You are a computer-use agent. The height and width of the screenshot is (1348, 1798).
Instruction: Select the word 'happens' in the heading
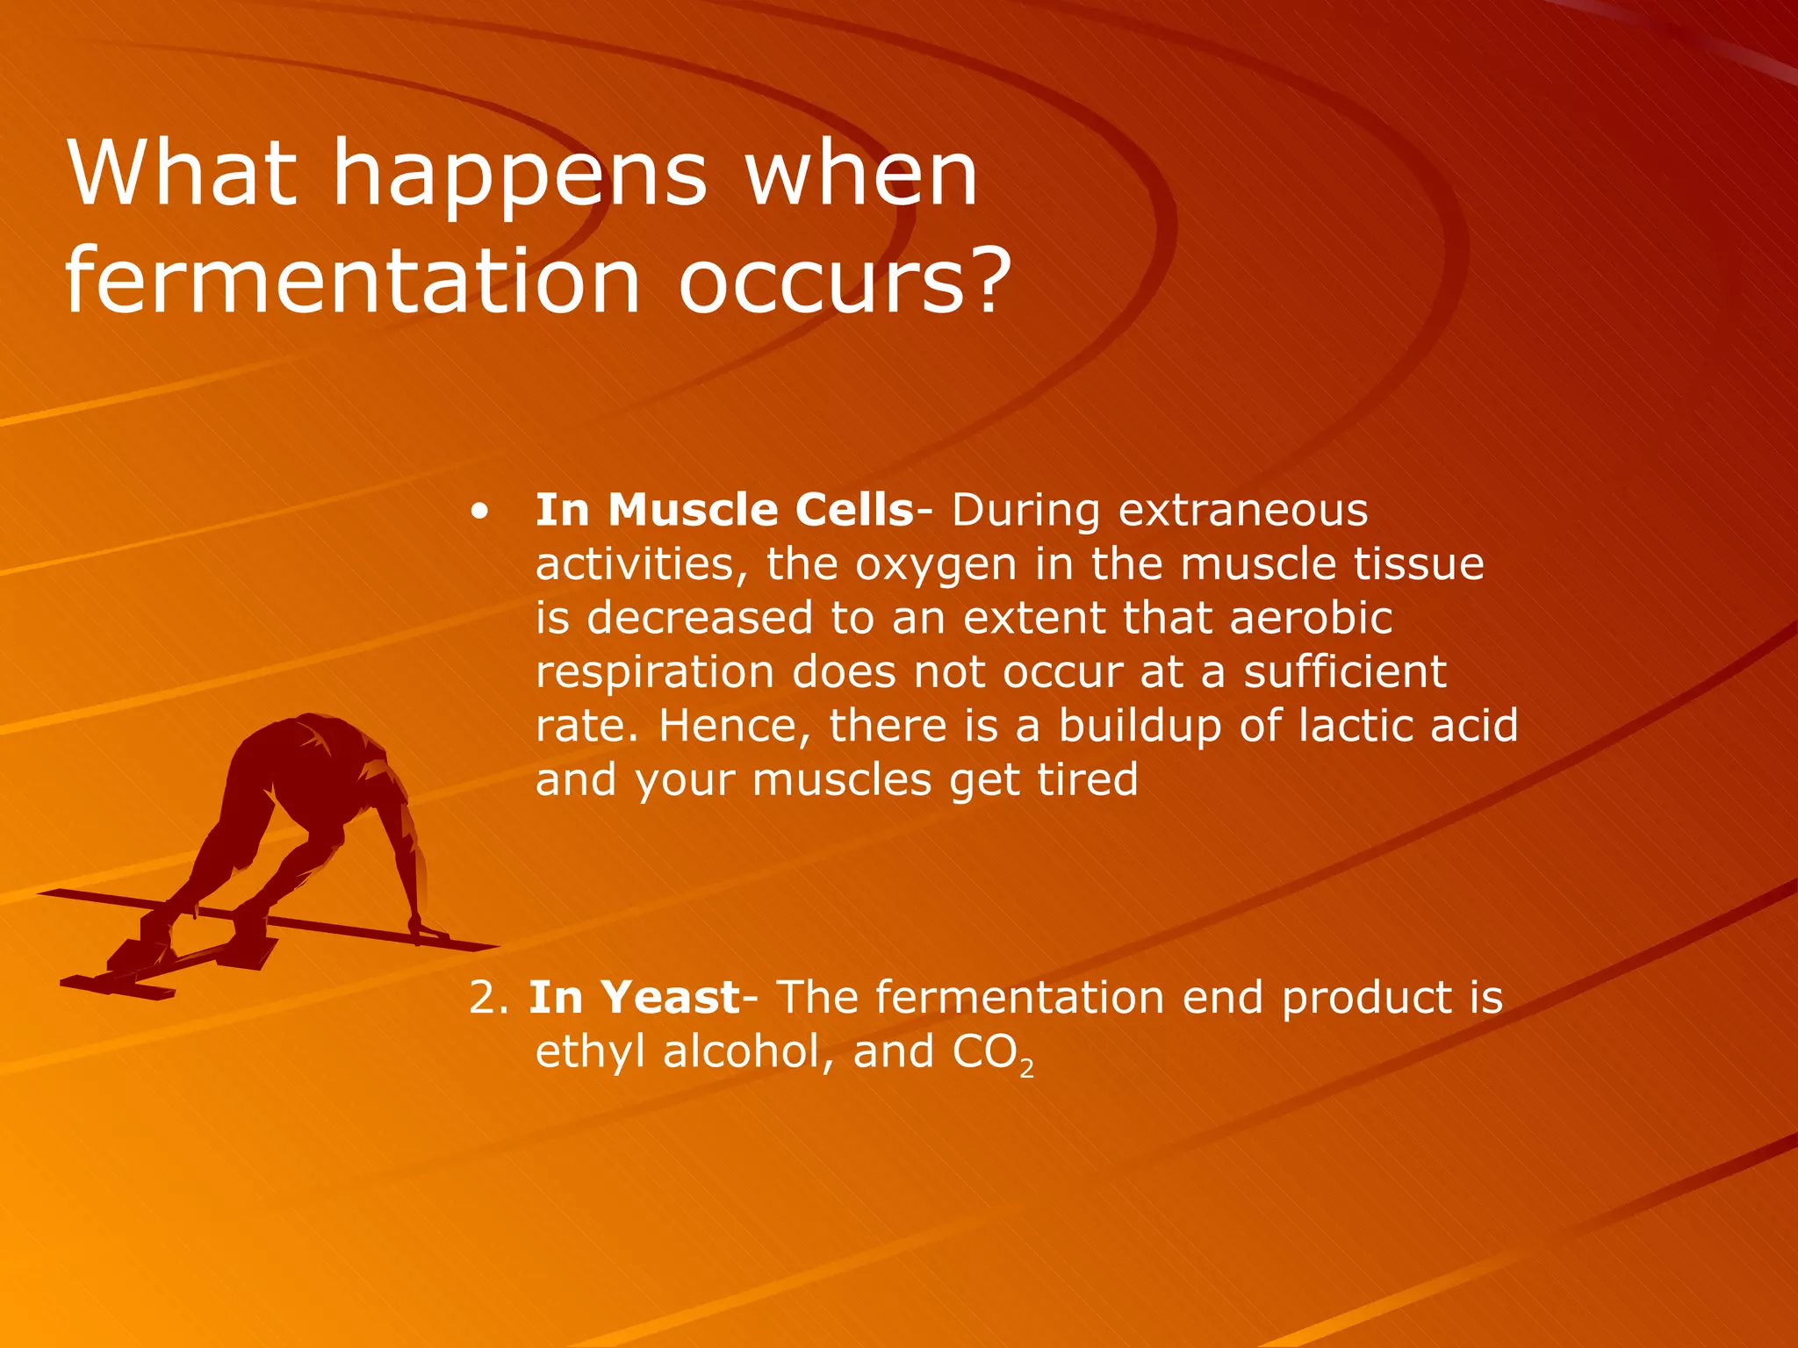pyautogui.click(x=519, y=176)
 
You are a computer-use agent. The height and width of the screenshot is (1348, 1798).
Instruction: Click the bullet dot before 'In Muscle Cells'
pyautogui.click(x=478, y=512)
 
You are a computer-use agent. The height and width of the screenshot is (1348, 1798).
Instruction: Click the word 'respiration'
pyautogui.click(x=655, y=673)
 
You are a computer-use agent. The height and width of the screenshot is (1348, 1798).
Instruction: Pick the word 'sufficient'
pyautogui.click(x=1344, y=671)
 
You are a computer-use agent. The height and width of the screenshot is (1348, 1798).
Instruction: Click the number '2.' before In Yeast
pyautogui.click(x=488, y=998)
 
